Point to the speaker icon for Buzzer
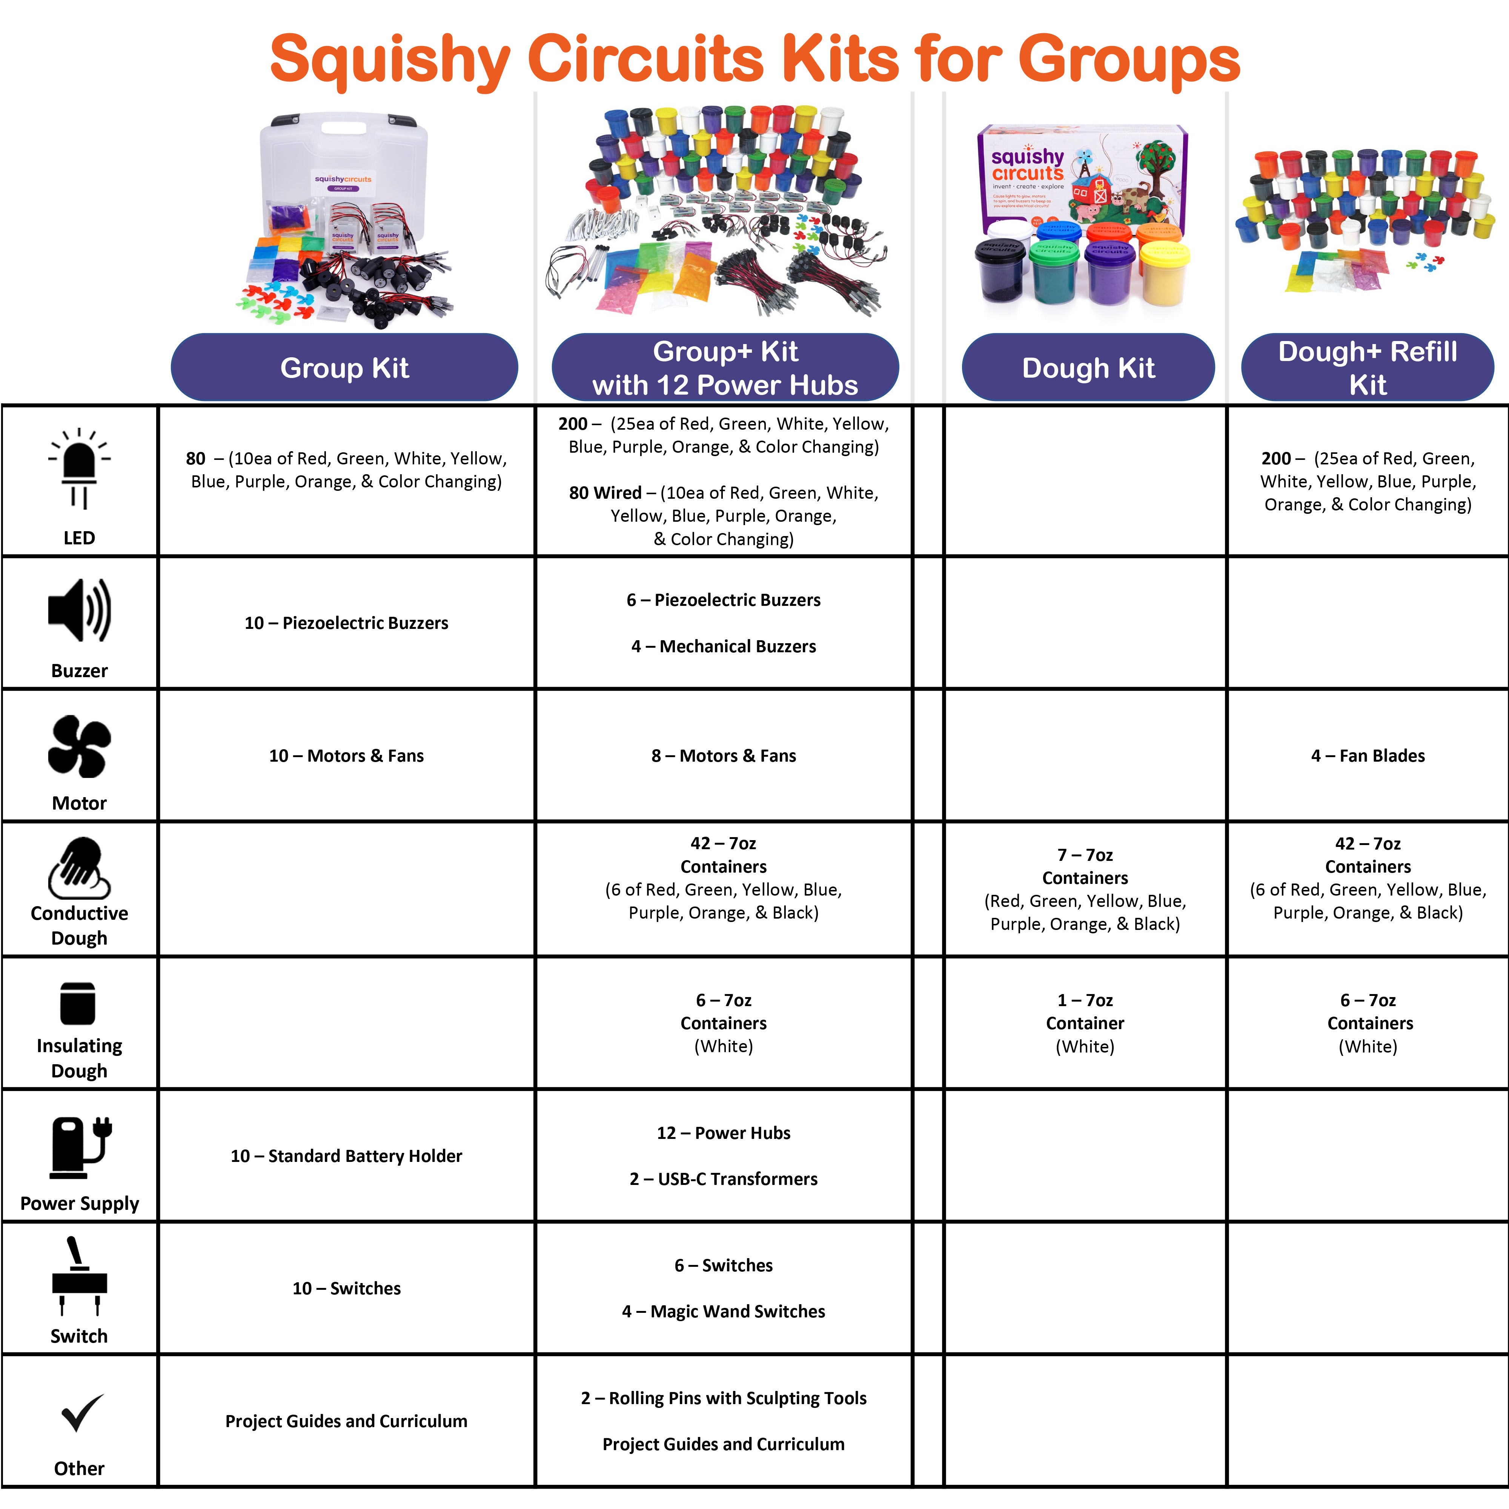pyautogui.click(x=79, y=611)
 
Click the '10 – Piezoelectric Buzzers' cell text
pyautogui.click(x=346, y=622)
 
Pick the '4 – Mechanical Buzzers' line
pyautogui.click(x=723, y=646)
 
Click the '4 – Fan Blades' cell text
pyautogui.click(x=1368, y=755)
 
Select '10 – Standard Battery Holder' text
pyautogui.click(x=346, y=1155)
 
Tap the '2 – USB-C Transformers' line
pyautogui.click(x=723, y=1179)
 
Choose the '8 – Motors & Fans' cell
pyautogui.click(x=723, y=755)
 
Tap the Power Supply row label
pyautogui.click(x=79, y=1203)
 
